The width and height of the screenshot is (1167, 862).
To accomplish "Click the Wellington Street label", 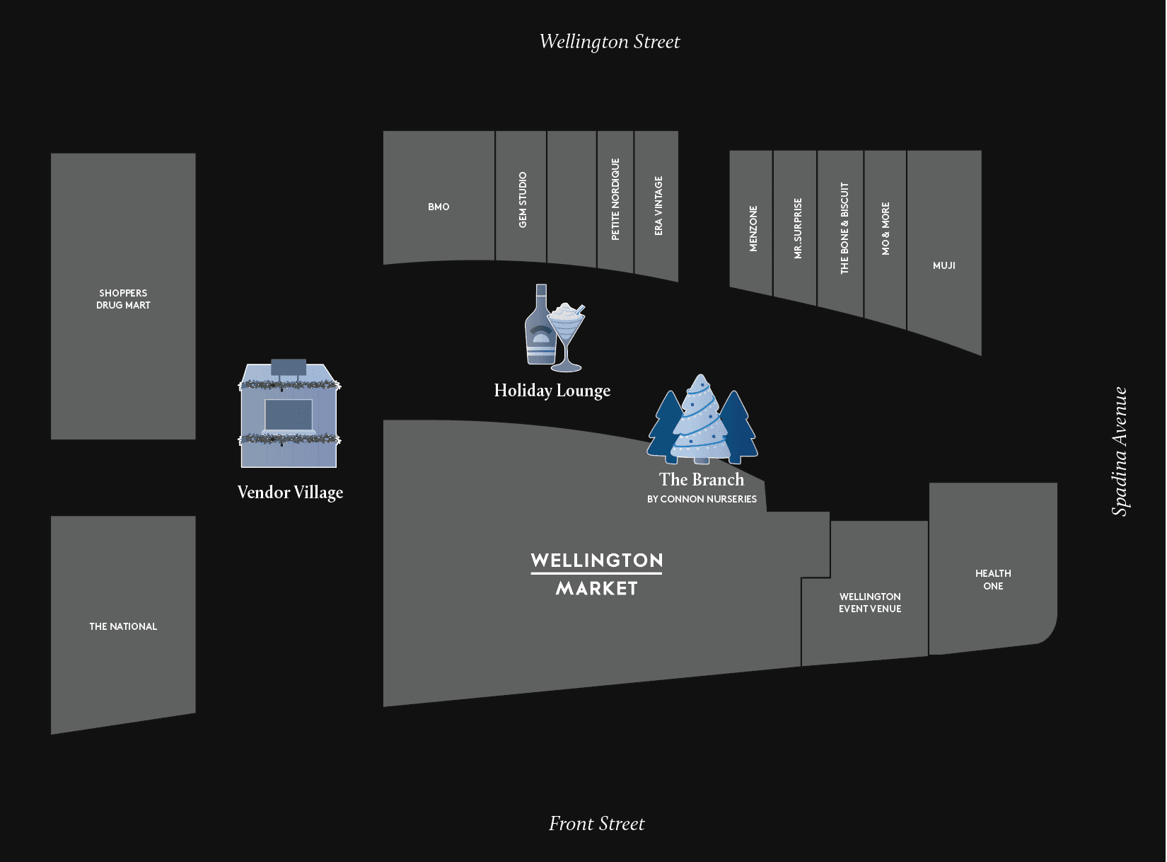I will click(609, 42).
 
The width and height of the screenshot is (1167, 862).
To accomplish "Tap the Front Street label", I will click(596, 824).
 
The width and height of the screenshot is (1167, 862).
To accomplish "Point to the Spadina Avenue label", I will click(1119, 451).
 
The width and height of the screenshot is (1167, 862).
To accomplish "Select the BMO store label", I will click(439, 207).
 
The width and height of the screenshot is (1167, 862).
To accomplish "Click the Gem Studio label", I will click(523, 200).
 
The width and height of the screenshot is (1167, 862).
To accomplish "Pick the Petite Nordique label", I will click(615, 199).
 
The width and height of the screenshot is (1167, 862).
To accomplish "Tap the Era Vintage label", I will click(658, 206).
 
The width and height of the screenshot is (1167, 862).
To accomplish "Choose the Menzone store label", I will click(753, 229).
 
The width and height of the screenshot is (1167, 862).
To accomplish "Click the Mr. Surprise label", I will click(798, 229).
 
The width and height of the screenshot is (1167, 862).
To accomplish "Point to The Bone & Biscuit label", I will click(844, 228).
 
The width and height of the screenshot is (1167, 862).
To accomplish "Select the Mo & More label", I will click(886, 229).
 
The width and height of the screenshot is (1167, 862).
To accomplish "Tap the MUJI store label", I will click(944, 265).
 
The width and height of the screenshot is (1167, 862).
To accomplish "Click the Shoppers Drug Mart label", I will click(123, 299).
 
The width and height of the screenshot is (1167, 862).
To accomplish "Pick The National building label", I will click(123, 626).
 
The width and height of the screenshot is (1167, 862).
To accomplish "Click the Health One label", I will click(993, 580).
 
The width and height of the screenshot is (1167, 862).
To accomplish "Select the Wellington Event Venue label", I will click(870, 602).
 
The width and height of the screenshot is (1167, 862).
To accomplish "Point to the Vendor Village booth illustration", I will click(289, 415).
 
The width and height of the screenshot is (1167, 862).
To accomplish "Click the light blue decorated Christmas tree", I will click(699, 421).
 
